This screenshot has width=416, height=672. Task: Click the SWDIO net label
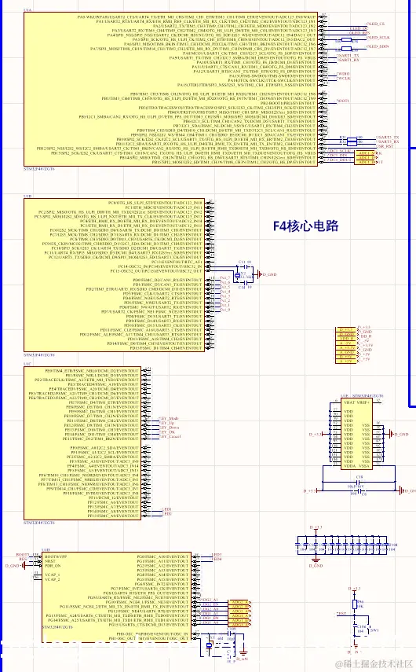[344, 73]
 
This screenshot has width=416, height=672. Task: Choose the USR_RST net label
[385, 147]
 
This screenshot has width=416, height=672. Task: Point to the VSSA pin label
[365, 466]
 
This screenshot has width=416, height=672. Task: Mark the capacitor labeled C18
[360, 477]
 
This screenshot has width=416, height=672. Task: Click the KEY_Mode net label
[169, 417]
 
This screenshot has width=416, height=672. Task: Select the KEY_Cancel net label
[170, 436]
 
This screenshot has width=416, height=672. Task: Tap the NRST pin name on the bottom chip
[49, 561]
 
